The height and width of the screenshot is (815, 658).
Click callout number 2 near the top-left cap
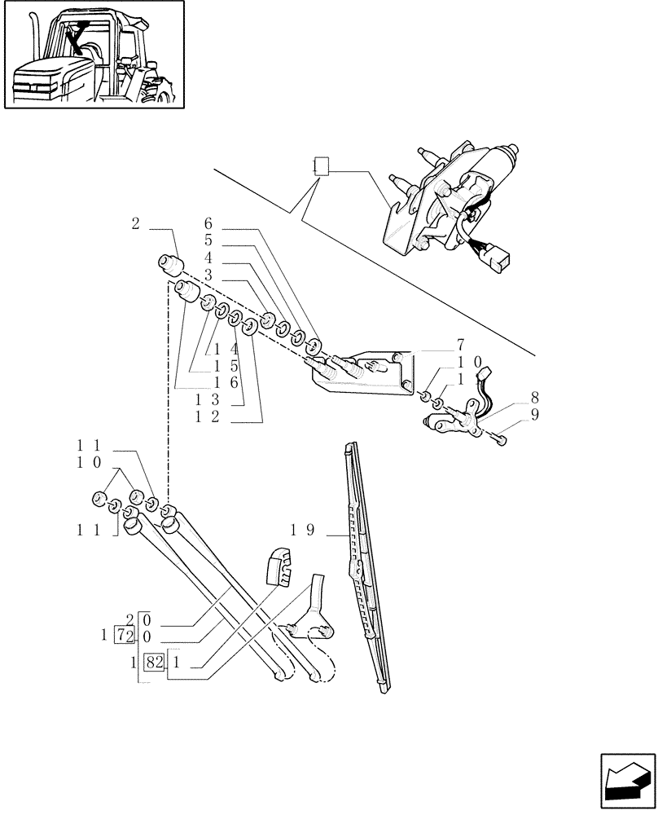pyautogui.click(x=135, y=223)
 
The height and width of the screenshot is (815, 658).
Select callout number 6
pyautogui.click(x=208, y=223)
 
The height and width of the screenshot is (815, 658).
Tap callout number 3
pyautogui.click(x=208, y=275)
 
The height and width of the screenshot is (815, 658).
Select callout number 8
pyautogui.click(x=534, y=399)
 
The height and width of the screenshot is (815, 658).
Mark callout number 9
pyautogui.click(x=534, y=414)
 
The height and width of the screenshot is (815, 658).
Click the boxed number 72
pyautogui.click(x=125, y=634)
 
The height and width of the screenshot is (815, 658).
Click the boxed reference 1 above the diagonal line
pyautogui.click(x=320, y=168)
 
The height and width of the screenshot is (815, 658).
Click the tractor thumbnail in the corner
pyautogui.click(x=94, y=55)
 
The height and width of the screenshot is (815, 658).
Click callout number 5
pyautogui.click(x=208, y=241)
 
